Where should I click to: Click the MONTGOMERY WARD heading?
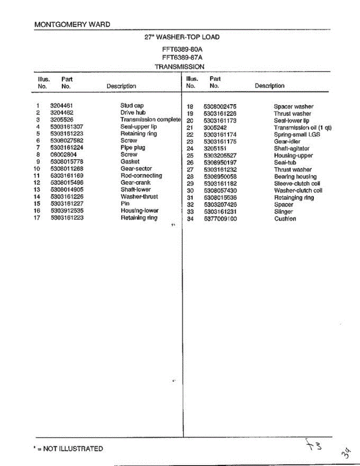(72, 24)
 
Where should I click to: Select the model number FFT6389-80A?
(182, 50)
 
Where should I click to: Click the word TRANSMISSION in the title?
(179, 67)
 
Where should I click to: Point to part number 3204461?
(62, 106)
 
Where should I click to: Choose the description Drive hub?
(133, 113)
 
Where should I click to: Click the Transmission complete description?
(150, 120)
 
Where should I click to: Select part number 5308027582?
(67, 141)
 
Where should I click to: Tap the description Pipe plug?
(132, 148)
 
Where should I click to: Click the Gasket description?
(130, 162)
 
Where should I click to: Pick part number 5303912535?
(67, 210)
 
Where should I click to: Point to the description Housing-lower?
(139, 210)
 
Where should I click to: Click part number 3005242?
(215, 127)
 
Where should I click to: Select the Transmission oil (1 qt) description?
(303, 127)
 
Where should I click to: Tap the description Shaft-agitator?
(291, 148)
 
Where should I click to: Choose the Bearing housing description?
(295, 177)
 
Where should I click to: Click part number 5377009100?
(220, 219)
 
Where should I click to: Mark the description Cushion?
(285, 219)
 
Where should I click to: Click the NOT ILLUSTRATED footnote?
(69, 449)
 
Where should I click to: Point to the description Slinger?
(283, 212)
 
